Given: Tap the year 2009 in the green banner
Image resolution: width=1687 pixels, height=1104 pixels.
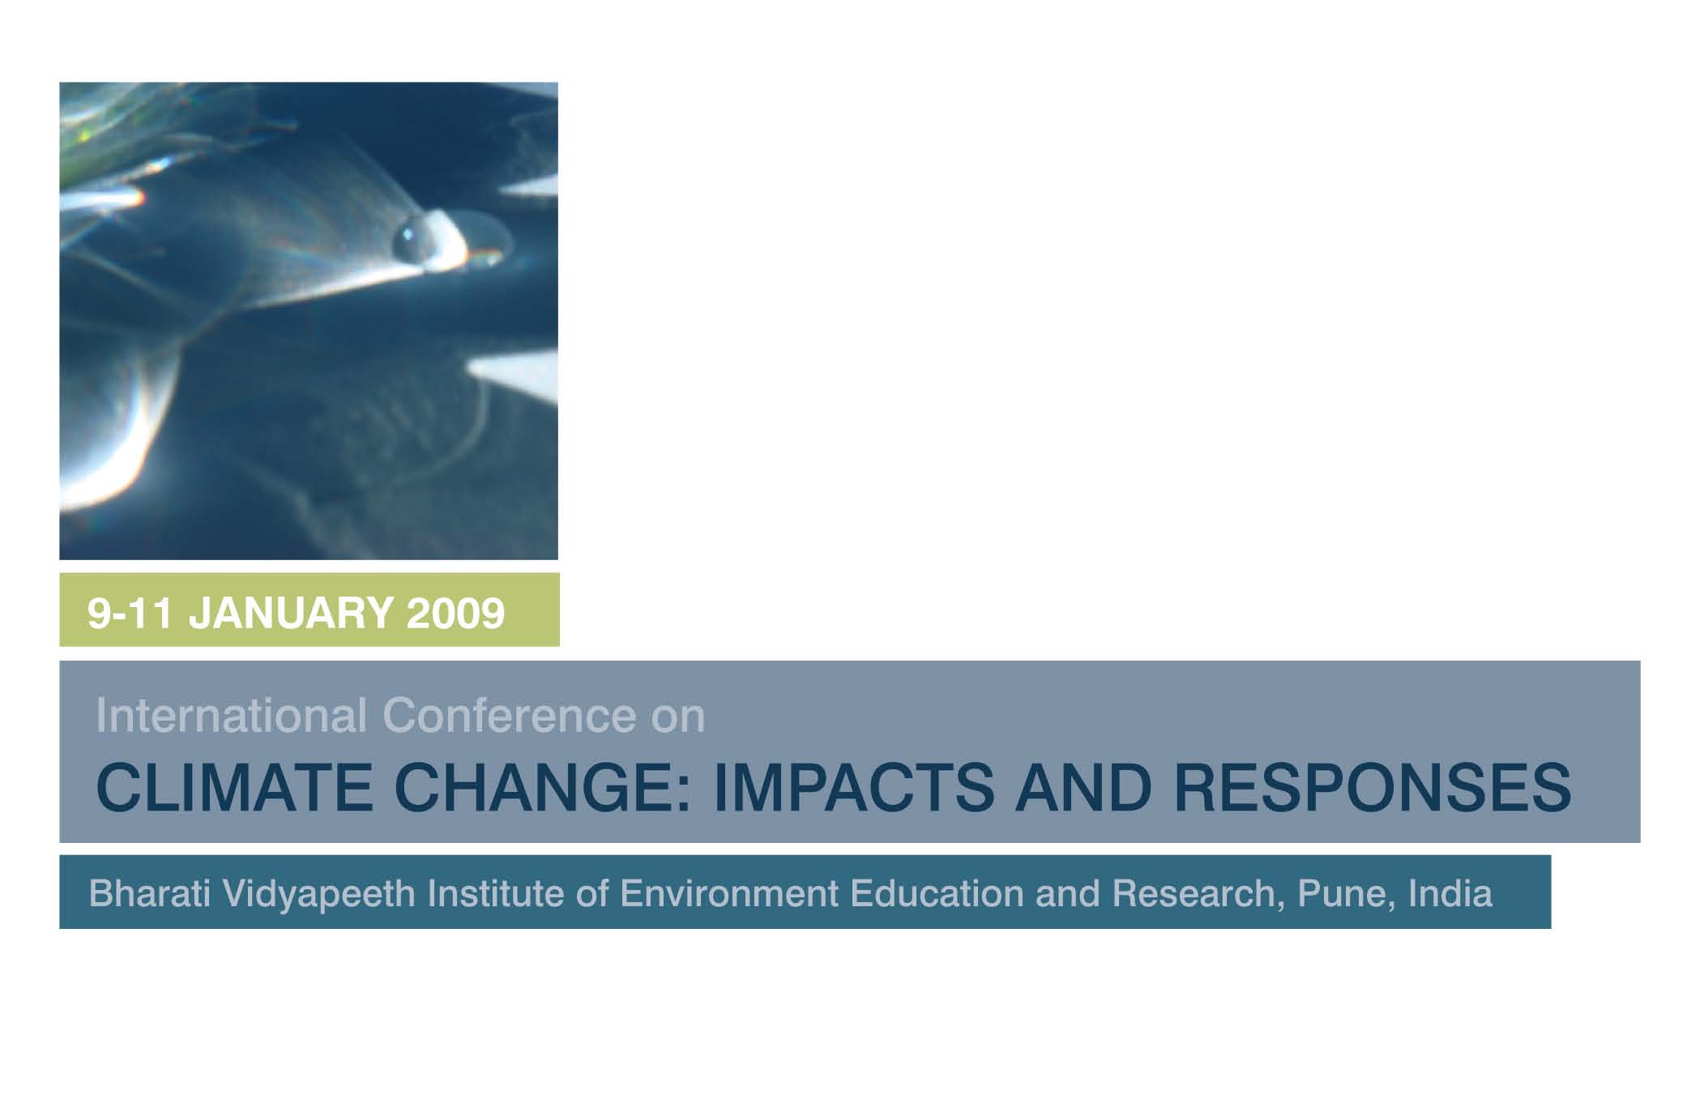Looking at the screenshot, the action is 455,613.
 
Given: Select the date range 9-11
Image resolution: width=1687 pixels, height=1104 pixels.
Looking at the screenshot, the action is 130,613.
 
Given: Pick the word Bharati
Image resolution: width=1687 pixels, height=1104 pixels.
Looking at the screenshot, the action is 150,893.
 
